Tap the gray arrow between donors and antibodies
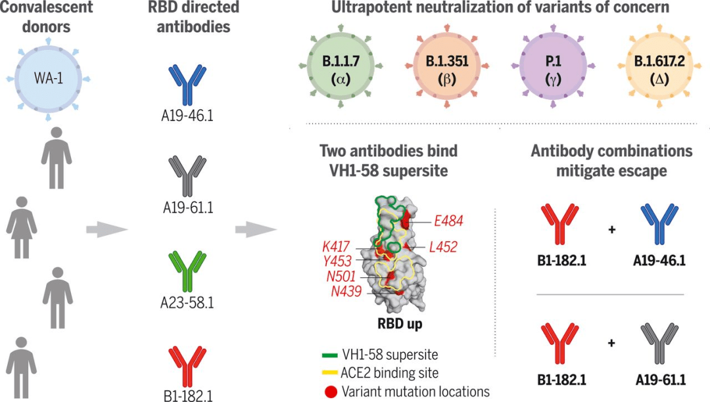click(x=106, y=229)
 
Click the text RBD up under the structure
click(x=399, y=324)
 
